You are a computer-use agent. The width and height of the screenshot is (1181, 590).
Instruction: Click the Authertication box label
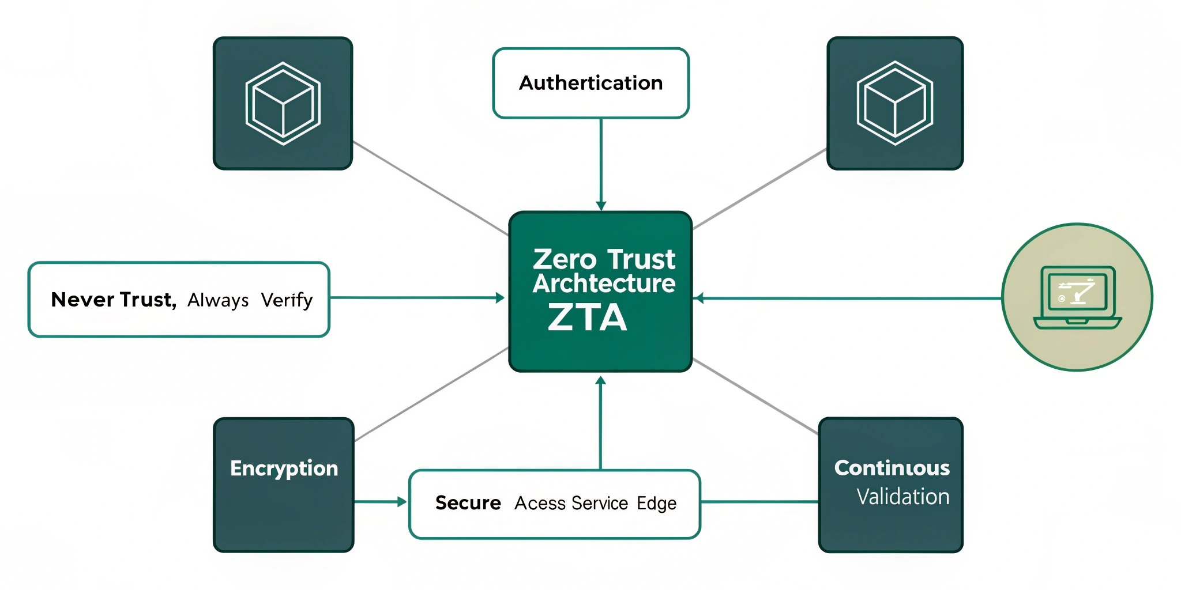[590, 83]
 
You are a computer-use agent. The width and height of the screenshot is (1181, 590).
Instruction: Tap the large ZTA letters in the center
[587, 317]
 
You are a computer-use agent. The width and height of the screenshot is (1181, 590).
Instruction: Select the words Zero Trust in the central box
[603, 259]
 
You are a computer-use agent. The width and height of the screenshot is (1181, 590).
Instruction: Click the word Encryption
[284, 468]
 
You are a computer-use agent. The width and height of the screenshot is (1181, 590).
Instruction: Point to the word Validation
[902, 497]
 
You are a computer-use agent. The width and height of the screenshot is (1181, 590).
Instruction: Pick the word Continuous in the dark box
[892, 468]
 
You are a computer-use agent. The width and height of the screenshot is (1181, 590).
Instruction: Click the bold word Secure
[468, 503]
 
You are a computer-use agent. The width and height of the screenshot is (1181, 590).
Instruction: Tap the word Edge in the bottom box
[656, 503]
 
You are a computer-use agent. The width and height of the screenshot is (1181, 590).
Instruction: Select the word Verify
[287, 300]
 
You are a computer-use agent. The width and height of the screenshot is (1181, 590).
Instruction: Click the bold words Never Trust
[113, 300]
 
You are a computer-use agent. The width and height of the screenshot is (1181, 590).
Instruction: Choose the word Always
[218, 300]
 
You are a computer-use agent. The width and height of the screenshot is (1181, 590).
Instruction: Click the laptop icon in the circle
[1077, 297]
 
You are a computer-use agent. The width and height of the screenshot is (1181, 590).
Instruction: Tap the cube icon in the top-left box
[283, 104]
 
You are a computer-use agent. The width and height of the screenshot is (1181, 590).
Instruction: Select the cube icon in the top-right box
[894, 103]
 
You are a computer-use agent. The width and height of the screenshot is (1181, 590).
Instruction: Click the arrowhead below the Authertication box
[601, 206]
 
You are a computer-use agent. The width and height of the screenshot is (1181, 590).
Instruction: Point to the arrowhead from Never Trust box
[500, 298]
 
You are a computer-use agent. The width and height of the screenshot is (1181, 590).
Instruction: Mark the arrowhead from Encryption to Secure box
[402, 502]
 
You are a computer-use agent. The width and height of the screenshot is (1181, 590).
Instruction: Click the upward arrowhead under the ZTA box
[600, 381]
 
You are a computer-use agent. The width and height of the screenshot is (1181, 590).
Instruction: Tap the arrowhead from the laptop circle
[699, 298]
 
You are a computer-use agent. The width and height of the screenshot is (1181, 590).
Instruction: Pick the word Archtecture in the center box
[603, 283]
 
